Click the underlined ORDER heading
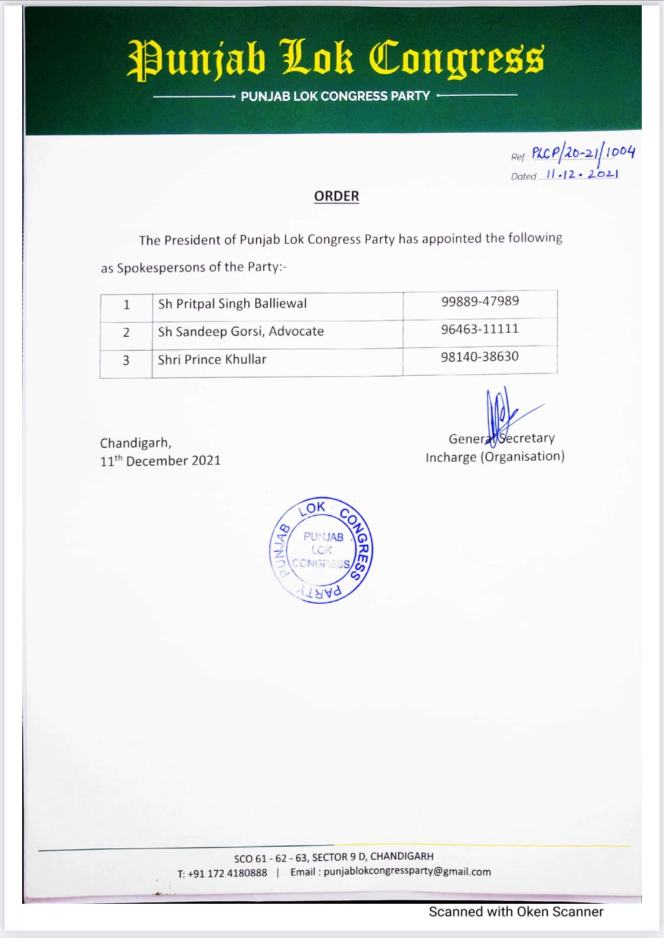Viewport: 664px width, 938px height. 336,196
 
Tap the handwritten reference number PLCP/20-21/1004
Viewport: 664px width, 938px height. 583,153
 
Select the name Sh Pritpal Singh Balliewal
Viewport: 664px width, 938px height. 233,304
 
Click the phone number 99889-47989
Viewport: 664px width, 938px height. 480,301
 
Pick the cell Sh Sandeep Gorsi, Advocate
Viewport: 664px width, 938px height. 241,331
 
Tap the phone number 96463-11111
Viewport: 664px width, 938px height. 480,329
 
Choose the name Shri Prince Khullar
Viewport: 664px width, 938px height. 212,359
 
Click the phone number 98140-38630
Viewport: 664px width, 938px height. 480,357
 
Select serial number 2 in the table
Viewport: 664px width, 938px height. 126,333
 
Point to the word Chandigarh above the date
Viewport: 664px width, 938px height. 136,443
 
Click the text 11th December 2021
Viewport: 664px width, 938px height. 160,461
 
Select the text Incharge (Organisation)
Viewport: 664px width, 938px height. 495,457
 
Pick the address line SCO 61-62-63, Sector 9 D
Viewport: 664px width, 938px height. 333,857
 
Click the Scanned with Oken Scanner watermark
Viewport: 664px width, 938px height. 516,912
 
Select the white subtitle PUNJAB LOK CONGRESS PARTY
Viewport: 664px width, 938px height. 335,96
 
